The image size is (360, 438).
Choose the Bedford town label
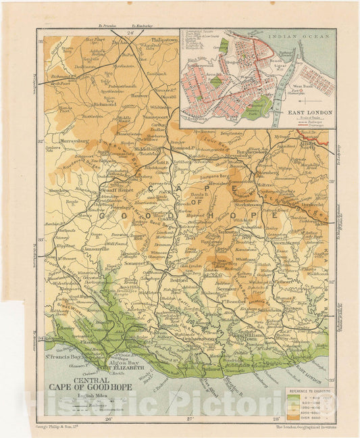178,278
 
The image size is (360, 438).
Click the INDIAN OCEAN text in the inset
305,39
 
